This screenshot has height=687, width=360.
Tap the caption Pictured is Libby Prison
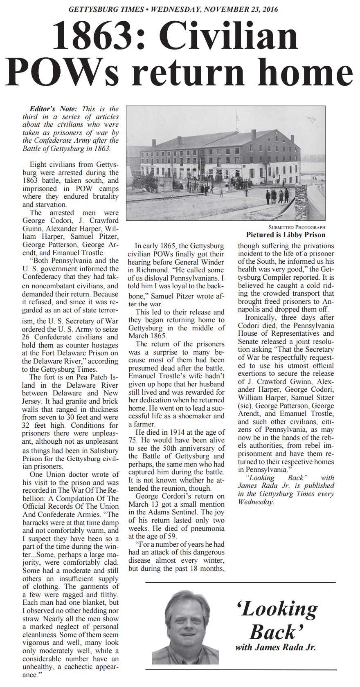(286, 235)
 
